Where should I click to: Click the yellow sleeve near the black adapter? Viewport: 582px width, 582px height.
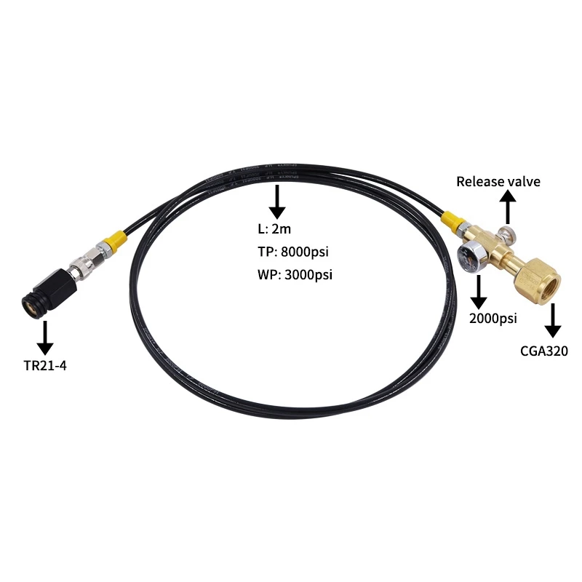click(114, 240)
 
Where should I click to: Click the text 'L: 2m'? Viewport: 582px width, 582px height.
click(274, 230)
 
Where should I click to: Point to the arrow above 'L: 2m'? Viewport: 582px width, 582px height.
click(277, 202)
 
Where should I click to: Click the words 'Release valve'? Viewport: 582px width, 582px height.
click(498, 181)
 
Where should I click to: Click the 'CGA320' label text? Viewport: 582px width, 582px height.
click(543, 351)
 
